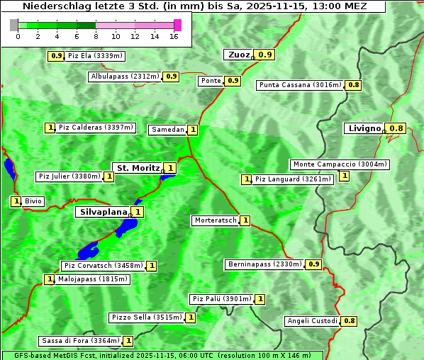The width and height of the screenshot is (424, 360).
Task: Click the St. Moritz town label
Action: [138, 168]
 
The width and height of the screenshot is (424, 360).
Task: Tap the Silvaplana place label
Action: [103, 211]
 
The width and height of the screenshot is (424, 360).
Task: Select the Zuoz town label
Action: [238, 54]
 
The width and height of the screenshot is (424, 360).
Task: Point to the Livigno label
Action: [364, 128]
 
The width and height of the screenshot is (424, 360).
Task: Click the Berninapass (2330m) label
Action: [265, 264]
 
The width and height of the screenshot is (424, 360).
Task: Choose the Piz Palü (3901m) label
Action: [221, 299]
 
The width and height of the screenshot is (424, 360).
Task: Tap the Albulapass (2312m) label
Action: [125, 77]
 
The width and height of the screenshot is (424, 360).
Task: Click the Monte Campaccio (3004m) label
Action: [340, 164]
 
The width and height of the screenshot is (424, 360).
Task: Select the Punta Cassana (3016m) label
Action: [300, 85]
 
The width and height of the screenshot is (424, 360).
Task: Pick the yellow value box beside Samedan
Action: [192, 130]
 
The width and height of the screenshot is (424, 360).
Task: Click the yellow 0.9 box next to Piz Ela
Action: [56, 55]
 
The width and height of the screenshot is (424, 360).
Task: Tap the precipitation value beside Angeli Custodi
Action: [349, 321]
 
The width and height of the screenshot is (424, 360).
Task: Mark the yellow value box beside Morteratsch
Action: [245, 220]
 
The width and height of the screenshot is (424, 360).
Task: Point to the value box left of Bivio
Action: [16, 201]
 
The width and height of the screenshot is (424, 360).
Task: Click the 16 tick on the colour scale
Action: [174, 36]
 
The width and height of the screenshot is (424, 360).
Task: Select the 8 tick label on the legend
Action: [96, 36]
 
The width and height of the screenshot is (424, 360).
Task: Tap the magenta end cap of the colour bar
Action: [177, 25]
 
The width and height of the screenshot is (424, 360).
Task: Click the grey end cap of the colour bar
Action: [13, 25]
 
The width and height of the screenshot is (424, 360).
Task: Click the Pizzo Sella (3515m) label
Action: [146, 317]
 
